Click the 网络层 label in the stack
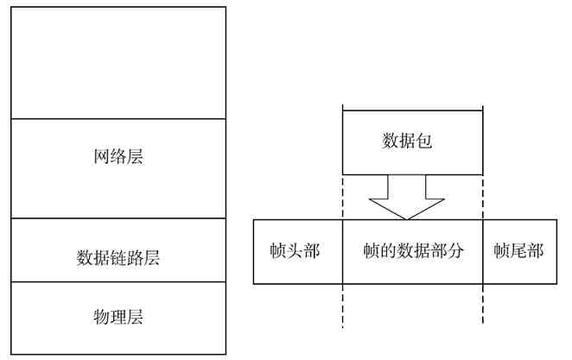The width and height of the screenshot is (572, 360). pos(118,157)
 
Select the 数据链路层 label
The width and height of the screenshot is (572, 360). pos(118,257)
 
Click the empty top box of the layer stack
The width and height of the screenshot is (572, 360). pos(118,62)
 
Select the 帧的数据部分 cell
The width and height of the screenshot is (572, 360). pos(413,251)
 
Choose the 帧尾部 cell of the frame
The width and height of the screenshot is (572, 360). pos(518,251)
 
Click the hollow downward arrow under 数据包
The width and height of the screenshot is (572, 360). pos(407,198)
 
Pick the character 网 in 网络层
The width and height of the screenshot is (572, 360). pos(101,157)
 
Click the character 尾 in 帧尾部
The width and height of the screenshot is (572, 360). pos(518,251)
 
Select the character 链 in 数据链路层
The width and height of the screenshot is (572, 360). pos(118,257)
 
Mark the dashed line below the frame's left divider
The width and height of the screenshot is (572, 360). pos(343,306)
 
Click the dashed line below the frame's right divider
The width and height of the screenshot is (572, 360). pos(482,306)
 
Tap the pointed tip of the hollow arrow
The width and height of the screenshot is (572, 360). pos(407,218)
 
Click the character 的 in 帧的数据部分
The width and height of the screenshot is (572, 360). pos(389,251)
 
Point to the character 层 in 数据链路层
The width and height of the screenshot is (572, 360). pos(152,257)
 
